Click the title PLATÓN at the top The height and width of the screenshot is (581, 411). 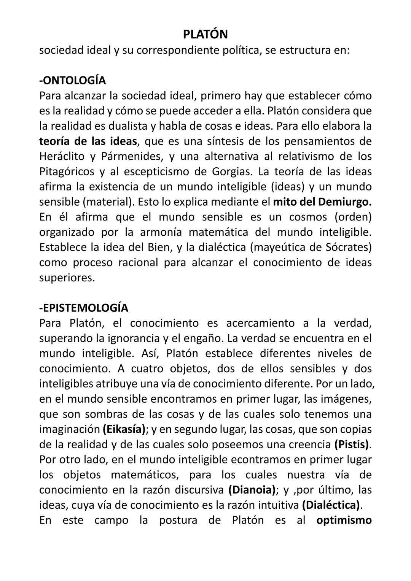click(x=205, y=34)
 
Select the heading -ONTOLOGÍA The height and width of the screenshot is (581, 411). click(x=72, y=80)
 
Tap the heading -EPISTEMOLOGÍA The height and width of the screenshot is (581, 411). click(x=83, y=308)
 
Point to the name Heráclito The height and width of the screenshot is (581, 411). click(x=61, y=156)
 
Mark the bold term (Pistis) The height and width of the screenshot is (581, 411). click(x=352, y=444)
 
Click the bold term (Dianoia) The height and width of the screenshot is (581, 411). click(x=252, y=490)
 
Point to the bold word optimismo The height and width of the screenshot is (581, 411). click(x=344, y=520)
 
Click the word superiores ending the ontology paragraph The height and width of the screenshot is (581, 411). click(x=66, y=278)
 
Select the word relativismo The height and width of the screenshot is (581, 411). click(x=297, y=156)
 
